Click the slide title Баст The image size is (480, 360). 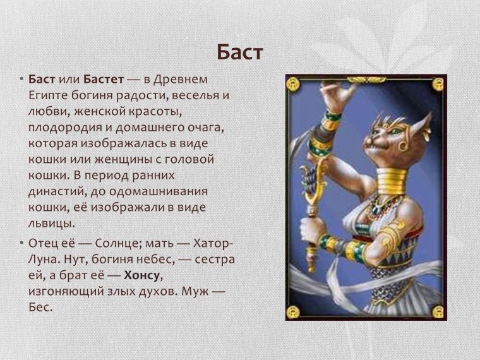239,52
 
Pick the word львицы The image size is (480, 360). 52,222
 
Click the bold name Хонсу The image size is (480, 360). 143,275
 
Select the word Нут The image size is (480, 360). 80,259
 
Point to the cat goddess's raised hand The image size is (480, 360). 342,95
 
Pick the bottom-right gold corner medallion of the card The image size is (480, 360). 438,311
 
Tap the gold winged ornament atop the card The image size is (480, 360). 366,80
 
